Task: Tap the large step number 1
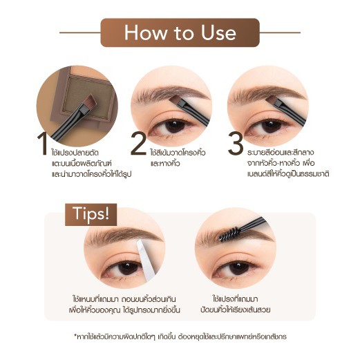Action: click(43, 144)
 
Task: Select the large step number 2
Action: click(138, 144)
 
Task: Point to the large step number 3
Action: click(236, 144)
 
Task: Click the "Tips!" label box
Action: click(91, 214)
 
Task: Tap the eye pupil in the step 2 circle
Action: click(175, 126)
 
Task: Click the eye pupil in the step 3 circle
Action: click(272, 126)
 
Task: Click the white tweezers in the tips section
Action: click(146, 260)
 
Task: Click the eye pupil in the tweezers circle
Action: click(129, 268)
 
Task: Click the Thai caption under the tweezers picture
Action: click(124, 305)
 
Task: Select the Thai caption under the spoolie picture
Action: click(235, 305)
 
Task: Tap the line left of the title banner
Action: click(80, 32)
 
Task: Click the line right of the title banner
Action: click(280, 32)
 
